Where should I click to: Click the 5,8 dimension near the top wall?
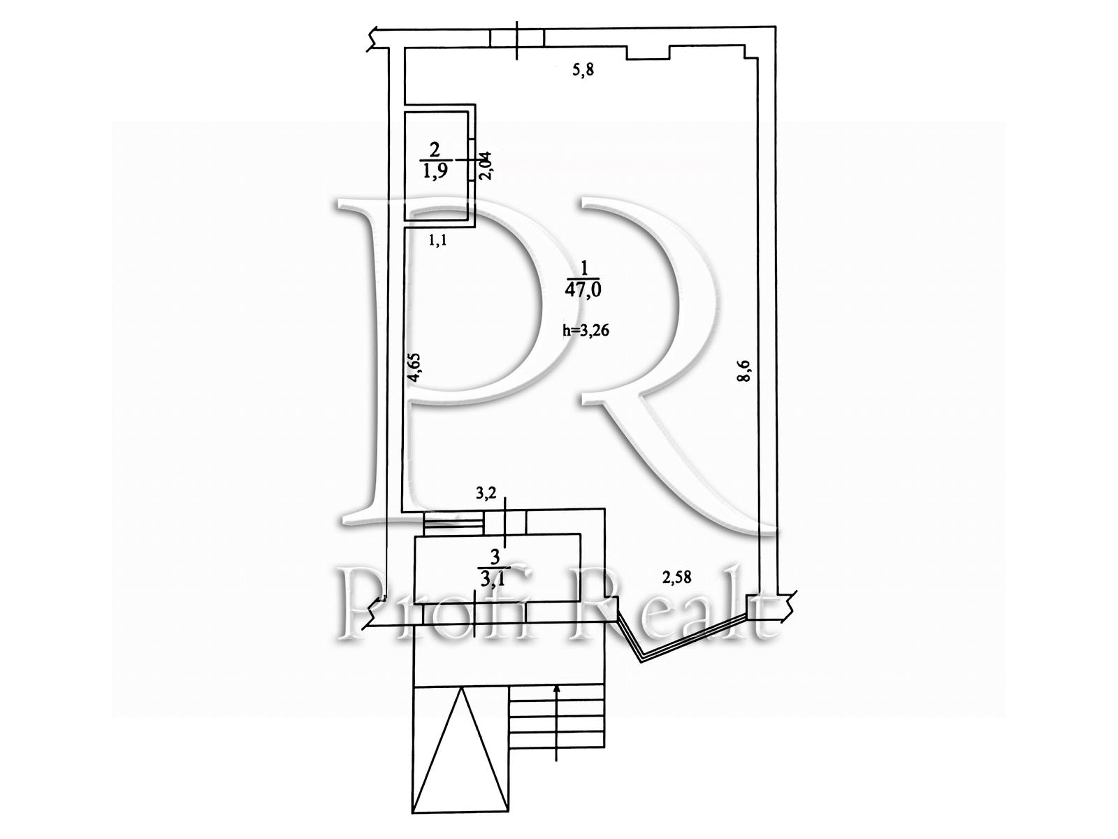583,70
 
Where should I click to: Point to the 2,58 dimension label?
676,578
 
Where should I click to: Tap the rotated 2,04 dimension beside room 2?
486,166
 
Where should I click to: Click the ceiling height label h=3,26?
586,330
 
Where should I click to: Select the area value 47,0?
583,289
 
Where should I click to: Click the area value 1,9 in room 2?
435,171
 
